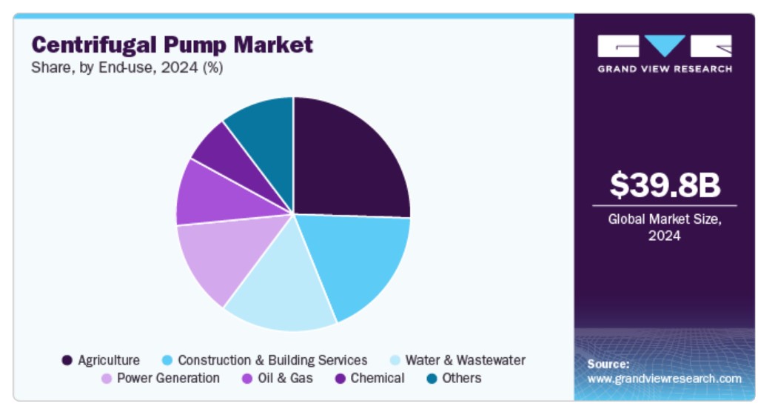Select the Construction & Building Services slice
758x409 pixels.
point(359,259)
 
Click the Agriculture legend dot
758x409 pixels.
point(67,361)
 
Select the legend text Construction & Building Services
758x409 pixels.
point(272,361)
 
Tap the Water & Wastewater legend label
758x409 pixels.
point(465,361)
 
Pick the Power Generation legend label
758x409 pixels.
point(168,379)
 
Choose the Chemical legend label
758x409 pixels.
point(378,379)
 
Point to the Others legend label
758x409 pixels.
point(461,379)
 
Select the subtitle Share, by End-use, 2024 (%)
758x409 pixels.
point(127,67)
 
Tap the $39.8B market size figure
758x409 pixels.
point(664,185)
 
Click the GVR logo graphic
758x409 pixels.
point(664,46)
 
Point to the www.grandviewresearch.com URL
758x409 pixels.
point(664,379)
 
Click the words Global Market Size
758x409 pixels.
point(664,219)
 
